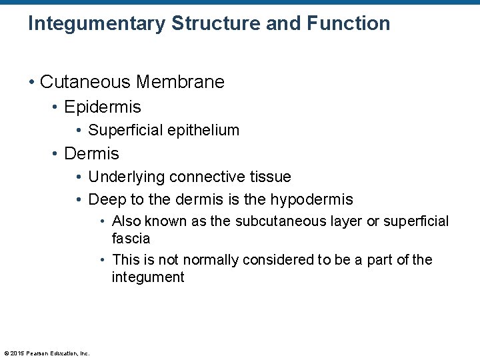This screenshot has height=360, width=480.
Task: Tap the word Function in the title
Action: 348,24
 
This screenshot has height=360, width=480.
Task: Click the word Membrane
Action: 180,82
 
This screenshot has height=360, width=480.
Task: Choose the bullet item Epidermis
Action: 103,107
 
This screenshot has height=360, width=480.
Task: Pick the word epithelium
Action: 201,131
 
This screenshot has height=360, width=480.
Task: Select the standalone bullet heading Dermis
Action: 91,154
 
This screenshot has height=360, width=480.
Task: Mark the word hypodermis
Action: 311,200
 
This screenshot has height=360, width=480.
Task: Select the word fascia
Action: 131,239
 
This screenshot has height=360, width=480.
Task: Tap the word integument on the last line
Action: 148,277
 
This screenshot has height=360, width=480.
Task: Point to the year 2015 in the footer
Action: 17,353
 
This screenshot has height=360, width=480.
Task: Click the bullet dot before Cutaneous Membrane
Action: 32,83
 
